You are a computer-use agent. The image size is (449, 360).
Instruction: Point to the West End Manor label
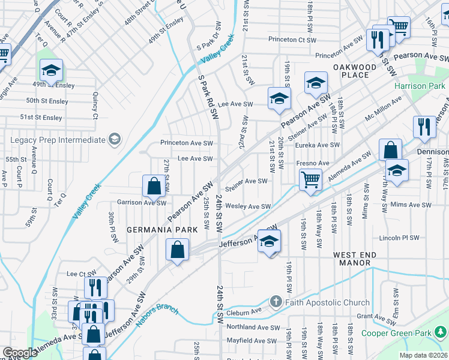point(355,259)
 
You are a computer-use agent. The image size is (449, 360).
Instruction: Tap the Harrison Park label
point(418,86)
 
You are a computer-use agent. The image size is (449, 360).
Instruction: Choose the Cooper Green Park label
point(399,333)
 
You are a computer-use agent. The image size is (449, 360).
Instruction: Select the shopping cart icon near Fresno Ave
point(310,179)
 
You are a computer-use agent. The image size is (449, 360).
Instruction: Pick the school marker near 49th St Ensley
point(52,70)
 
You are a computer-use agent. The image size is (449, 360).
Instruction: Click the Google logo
point(19,353)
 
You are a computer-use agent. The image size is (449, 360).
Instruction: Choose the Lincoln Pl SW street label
point(399,238)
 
